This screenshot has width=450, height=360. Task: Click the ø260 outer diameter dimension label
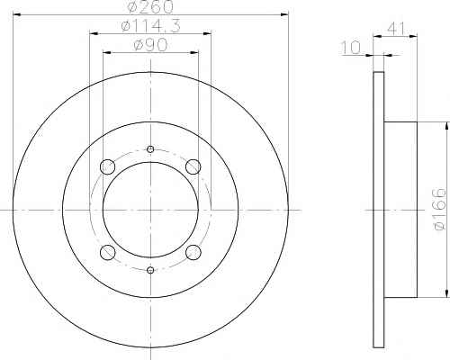150,6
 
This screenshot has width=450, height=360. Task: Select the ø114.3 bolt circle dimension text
151,26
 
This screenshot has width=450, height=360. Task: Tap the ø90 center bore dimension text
150,45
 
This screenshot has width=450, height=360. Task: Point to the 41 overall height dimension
396,29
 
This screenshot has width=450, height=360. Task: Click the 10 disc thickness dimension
351,48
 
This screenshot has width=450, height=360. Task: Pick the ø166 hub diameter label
440,209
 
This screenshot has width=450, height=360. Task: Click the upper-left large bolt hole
107,166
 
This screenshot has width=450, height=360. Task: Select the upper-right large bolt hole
193,166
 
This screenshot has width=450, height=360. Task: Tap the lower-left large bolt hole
107,253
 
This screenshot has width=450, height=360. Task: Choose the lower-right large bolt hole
193,253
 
